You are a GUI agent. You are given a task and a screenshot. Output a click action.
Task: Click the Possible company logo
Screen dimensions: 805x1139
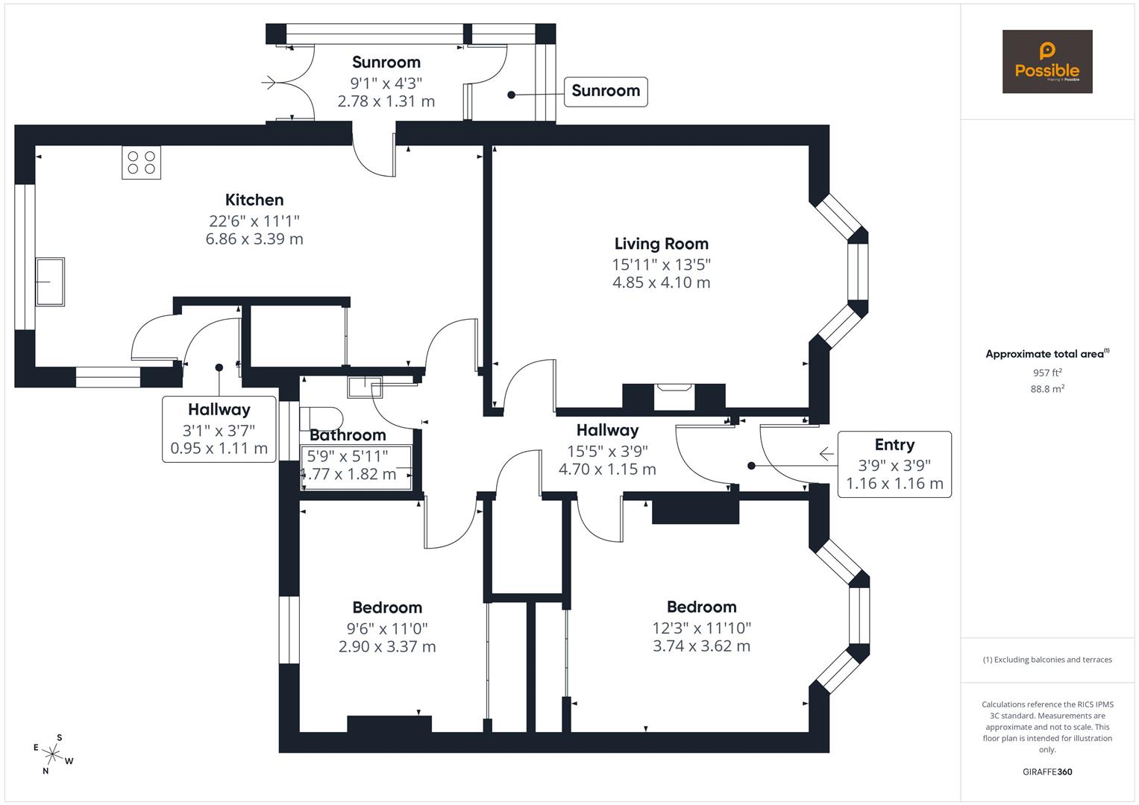(1047, 62)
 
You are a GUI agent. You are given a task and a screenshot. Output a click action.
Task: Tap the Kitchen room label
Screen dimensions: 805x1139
(254, 200)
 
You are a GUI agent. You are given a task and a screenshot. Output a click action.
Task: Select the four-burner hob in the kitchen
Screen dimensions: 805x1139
(142, 162)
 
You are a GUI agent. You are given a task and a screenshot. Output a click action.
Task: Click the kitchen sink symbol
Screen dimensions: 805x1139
(50, 281)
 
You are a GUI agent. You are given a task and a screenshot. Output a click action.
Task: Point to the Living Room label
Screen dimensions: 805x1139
(661, 244)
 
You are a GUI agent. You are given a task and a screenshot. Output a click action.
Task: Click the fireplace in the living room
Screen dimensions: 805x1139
(674, 397)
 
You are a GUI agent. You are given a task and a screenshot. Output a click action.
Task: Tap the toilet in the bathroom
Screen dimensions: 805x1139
(321, 417)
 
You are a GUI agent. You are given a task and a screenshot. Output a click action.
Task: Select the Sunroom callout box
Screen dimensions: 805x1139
(605, 91)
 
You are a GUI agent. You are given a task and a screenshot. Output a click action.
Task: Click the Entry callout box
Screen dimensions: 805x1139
(894, 464)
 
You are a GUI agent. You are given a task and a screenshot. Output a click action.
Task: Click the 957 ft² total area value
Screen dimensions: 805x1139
(1047, 373)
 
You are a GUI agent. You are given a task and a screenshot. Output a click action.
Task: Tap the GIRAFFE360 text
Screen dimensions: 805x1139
(1047, 772)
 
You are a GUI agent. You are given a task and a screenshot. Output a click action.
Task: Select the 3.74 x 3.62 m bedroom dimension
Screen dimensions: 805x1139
(701, 646)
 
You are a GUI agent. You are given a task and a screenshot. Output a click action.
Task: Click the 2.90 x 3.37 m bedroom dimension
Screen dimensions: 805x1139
(387, 647)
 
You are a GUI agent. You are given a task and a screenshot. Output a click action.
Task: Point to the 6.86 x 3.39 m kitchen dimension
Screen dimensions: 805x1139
(254, 239)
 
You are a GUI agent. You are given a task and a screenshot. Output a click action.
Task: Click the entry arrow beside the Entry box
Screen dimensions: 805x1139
(826, 453)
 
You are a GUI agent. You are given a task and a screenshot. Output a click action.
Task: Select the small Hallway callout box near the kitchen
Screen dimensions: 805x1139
(219, 429)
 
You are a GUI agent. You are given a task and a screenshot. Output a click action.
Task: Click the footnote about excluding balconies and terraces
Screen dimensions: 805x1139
(1047, 660)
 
